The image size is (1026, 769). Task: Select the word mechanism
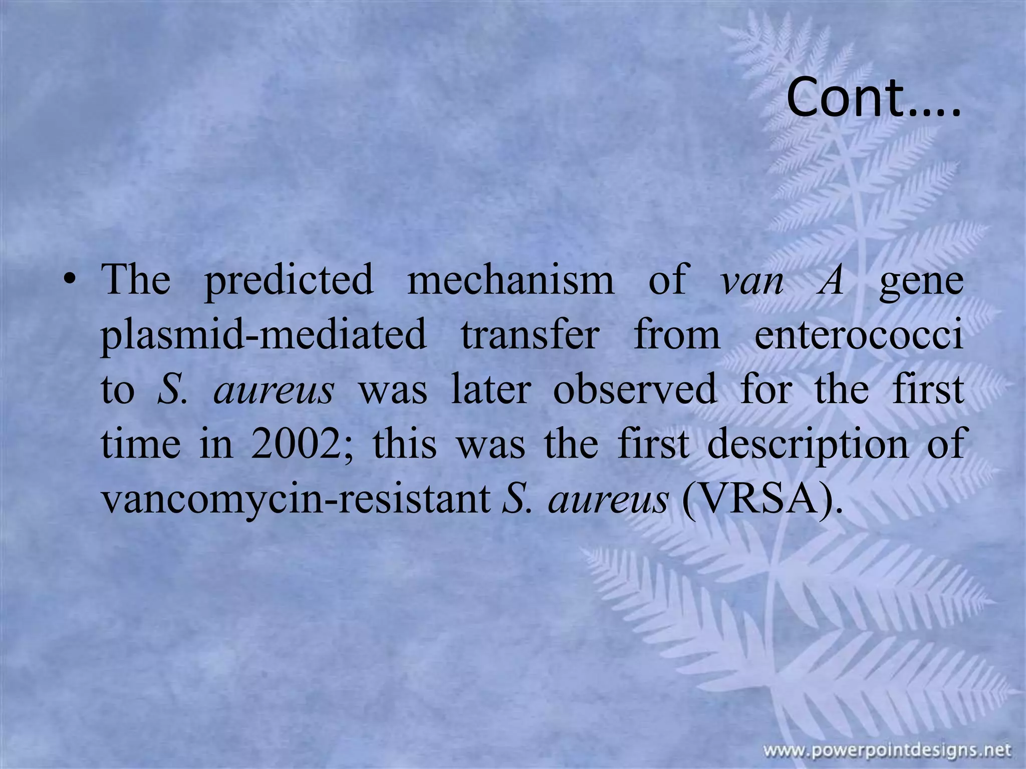point(510,279)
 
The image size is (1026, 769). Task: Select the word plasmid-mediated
point(264,336)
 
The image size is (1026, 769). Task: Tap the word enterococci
point(859,335)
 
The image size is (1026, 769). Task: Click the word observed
point(635,390)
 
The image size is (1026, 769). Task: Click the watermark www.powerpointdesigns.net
point(887,750)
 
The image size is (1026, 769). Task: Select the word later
point(490,390)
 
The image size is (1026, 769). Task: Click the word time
point(141,445)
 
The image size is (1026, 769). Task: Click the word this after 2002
point(405,445)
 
